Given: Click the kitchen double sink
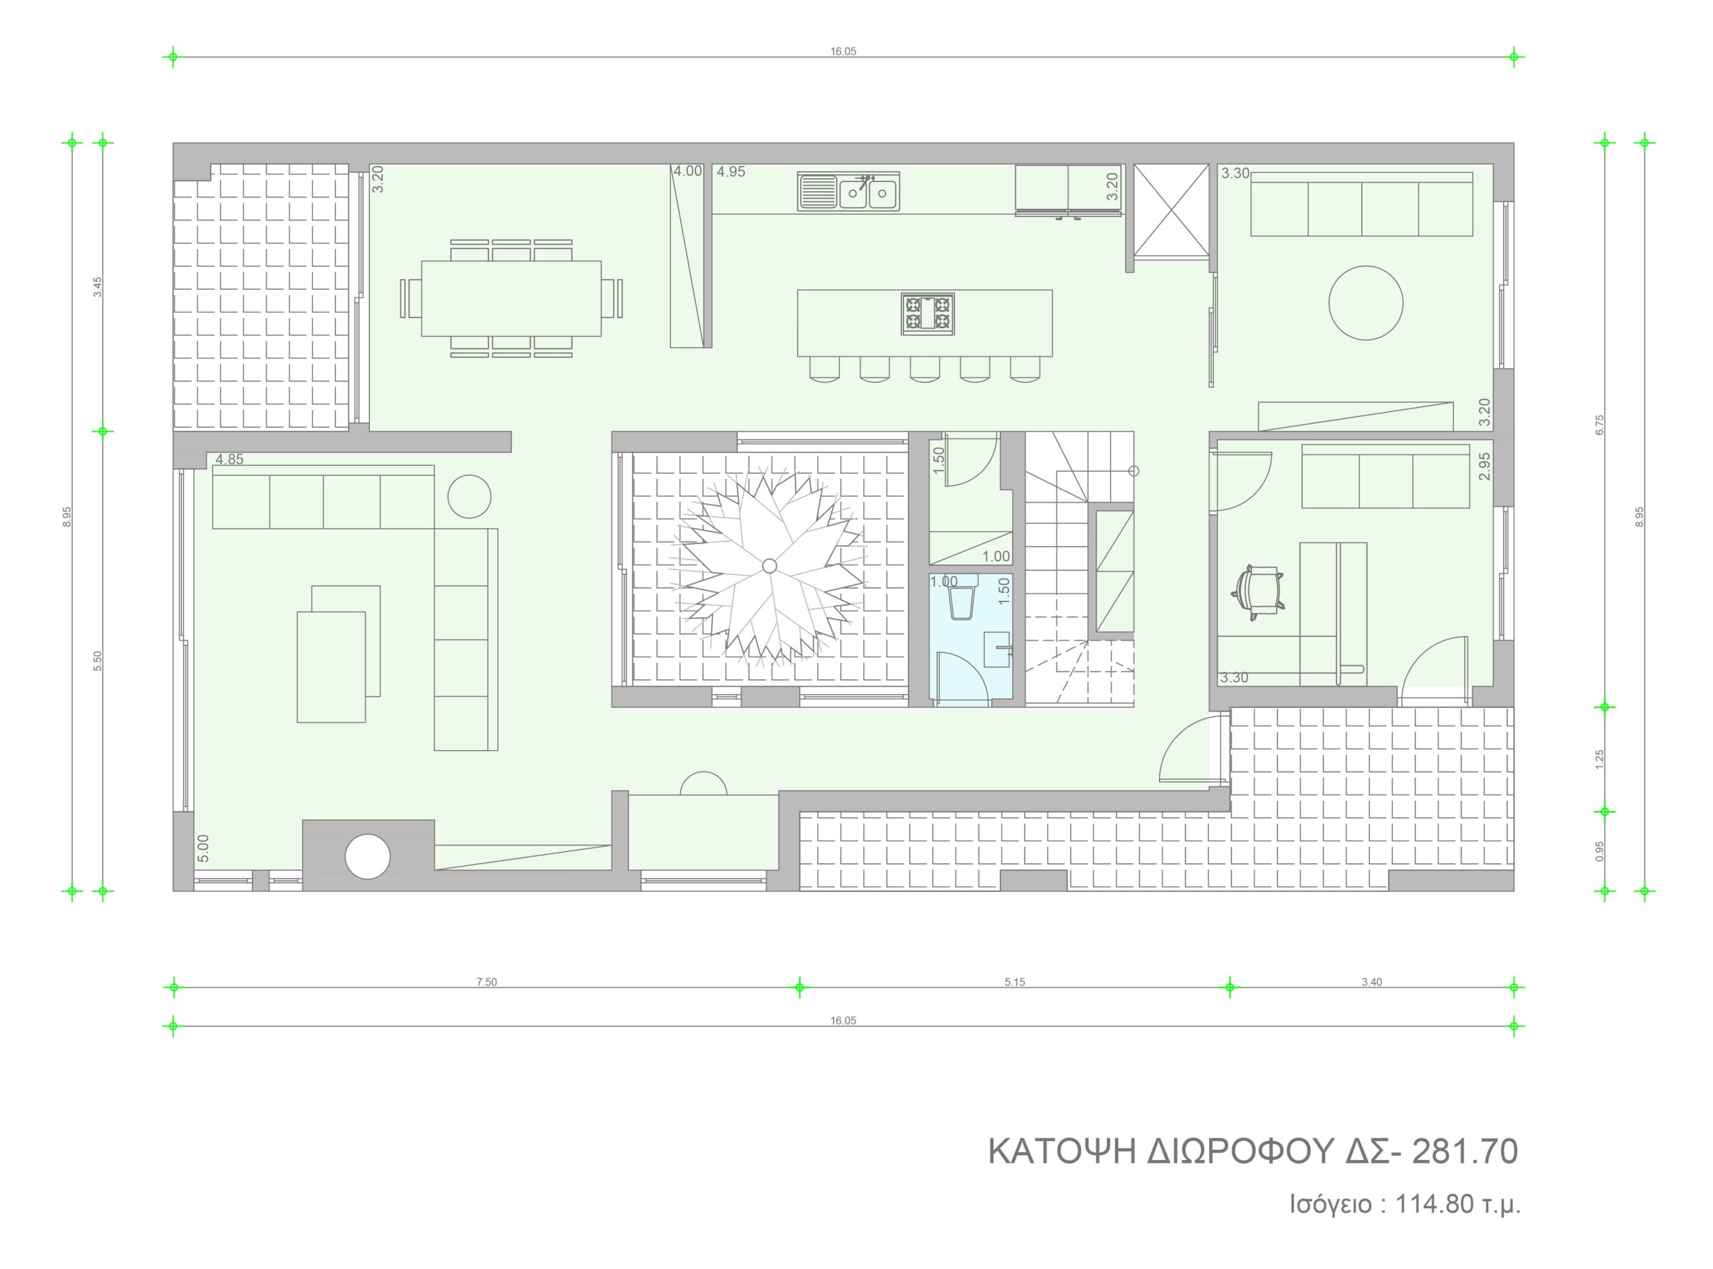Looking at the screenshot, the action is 848,191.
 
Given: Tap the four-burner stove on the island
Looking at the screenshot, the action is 927,313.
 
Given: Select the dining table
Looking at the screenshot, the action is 511,298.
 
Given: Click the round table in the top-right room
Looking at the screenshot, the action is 1365,303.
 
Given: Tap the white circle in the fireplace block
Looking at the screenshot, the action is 368,857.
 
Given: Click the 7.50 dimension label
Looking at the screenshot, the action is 486,982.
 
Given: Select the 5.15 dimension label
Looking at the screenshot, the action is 1014,982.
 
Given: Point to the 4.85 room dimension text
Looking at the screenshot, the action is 230,459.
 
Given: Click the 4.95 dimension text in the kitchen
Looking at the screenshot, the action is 731,172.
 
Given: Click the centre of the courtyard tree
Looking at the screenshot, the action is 770,566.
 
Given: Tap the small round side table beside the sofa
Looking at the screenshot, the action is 468,496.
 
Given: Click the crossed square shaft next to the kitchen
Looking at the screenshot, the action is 1172,209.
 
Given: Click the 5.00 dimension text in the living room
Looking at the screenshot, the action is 203,848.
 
